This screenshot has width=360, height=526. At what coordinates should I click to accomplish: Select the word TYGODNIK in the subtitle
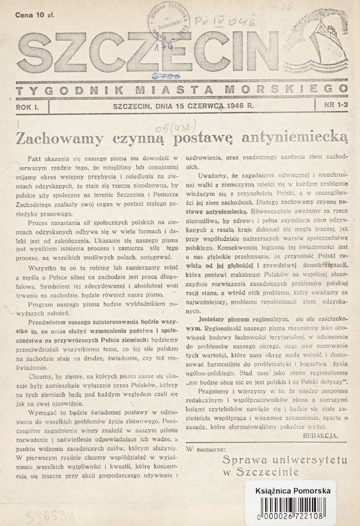pos(58,90)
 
